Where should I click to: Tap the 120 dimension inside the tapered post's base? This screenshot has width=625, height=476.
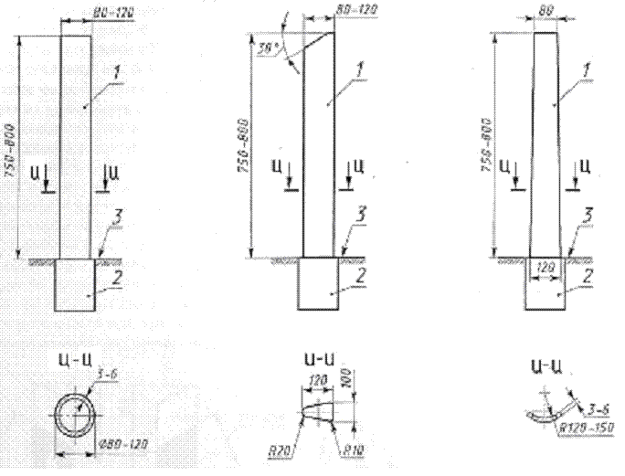[x=546, y=270]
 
